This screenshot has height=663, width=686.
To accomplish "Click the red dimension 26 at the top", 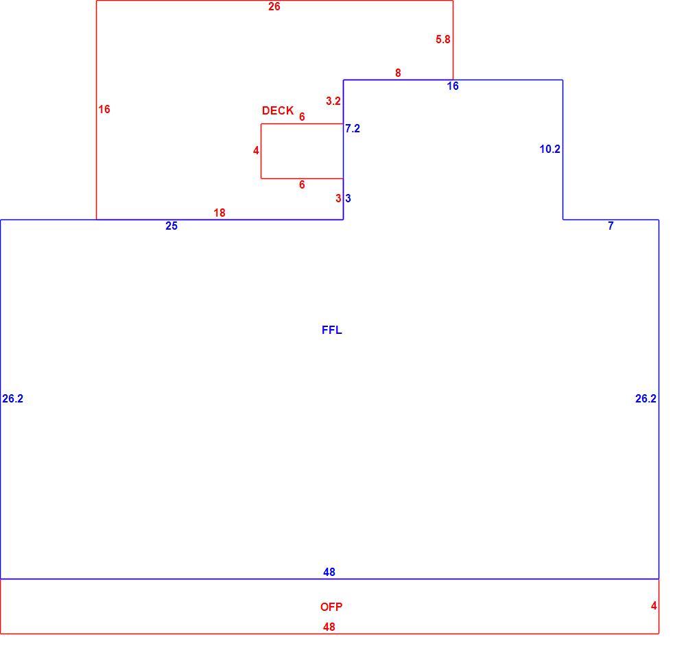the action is pyautogui.click(x=274, y=7).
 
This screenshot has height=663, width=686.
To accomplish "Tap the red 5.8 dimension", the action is pyautogui.click(x=442, y=39).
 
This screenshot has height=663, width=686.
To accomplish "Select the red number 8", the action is pyautogui.click(x=398, y=73).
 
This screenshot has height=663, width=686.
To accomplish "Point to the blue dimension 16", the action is pyautogui.click(x=453, y=86).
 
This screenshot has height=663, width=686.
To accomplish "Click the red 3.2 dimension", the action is pyautogui.click(x=333, y=101).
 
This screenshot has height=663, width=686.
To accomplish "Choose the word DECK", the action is pyautogui.click(x=278, y=110).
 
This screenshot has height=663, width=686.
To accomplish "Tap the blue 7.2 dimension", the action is pyautogui.click(x=353, y=128).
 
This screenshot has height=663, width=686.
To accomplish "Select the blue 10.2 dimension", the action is pyautogui.click(x=549, y=149).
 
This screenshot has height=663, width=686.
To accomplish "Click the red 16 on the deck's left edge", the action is pyautogui.click(x=104, y=109).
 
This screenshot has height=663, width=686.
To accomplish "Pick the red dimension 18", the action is pyautogui.click(x=220, y=213).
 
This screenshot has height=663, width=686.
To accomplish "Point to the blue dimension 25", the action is pyautogui.click(x=171, y=226).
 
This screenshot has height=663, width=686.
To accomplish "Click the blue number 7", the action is pyautogui.click(x=611, y=226).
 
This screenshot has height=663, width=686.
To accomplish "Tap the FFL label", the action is pyautogui.click(x=331, y=330).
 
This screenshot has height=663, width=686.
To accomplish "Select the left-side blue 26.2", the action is pyautogui.click(x=12, y=398).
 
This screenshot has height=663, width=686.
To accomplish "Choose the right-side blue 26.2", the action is pyautogui.click(x=646, y=398).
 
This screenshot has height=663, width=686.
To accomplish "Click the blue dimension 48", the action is pyautogui.click(x=329, y=572).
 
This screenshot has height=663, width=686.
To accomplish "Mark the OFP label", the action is pyautogui.click(x=331, y=607).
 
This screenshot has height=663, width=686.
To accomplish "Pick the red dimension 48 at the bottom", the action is pyautogui.click(x=329, y=627).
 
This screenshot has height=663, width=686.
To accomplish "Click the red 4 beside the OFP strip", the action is pyautogui.click(x=654, y=605).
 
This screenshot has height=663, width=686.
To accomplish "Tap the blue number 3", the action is pyautogui.click(x=348, y=199).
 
